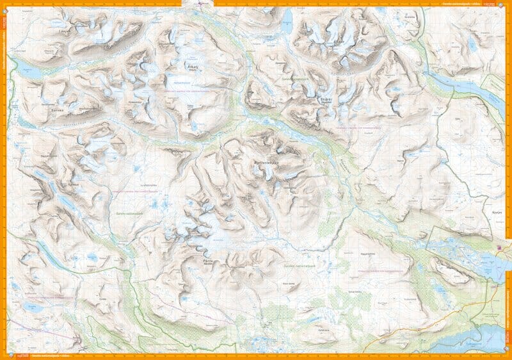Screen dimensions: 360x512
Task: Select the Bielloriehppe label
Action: point(268,163)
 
